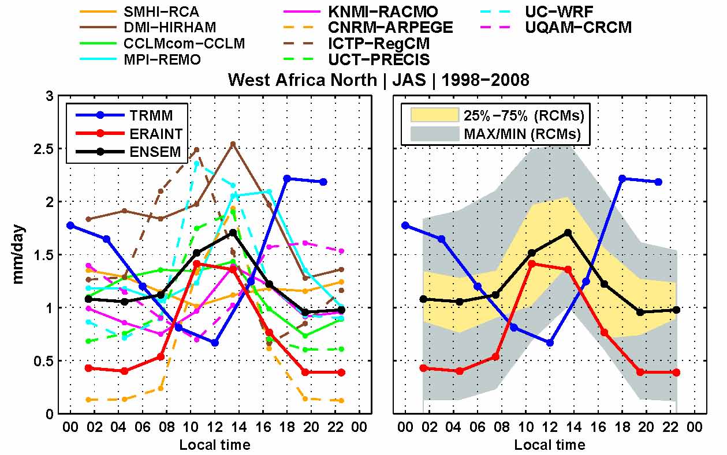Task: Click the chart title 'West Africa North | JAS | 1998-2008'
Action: coord(378,80)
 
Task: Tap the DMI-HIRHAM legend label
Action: coord(170,27)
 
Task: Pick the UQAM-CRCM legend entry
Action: coord(578,27)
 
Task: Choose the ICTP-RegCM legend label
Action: coord(379,43)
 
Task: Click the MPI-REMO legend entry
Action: coord(162,59)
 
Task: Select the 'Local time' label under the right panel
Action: coord(549,445)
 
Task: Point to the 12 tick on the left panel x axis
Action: coord(215,427)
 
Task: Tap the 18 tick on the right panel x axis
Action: coord(622,427)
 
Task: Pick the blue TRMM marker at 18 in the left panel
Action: coord(287,179)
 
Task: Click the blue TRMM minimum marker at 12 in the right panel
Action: coord(550,343)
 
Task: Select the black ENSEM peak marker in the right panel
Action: coord(568,232)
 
